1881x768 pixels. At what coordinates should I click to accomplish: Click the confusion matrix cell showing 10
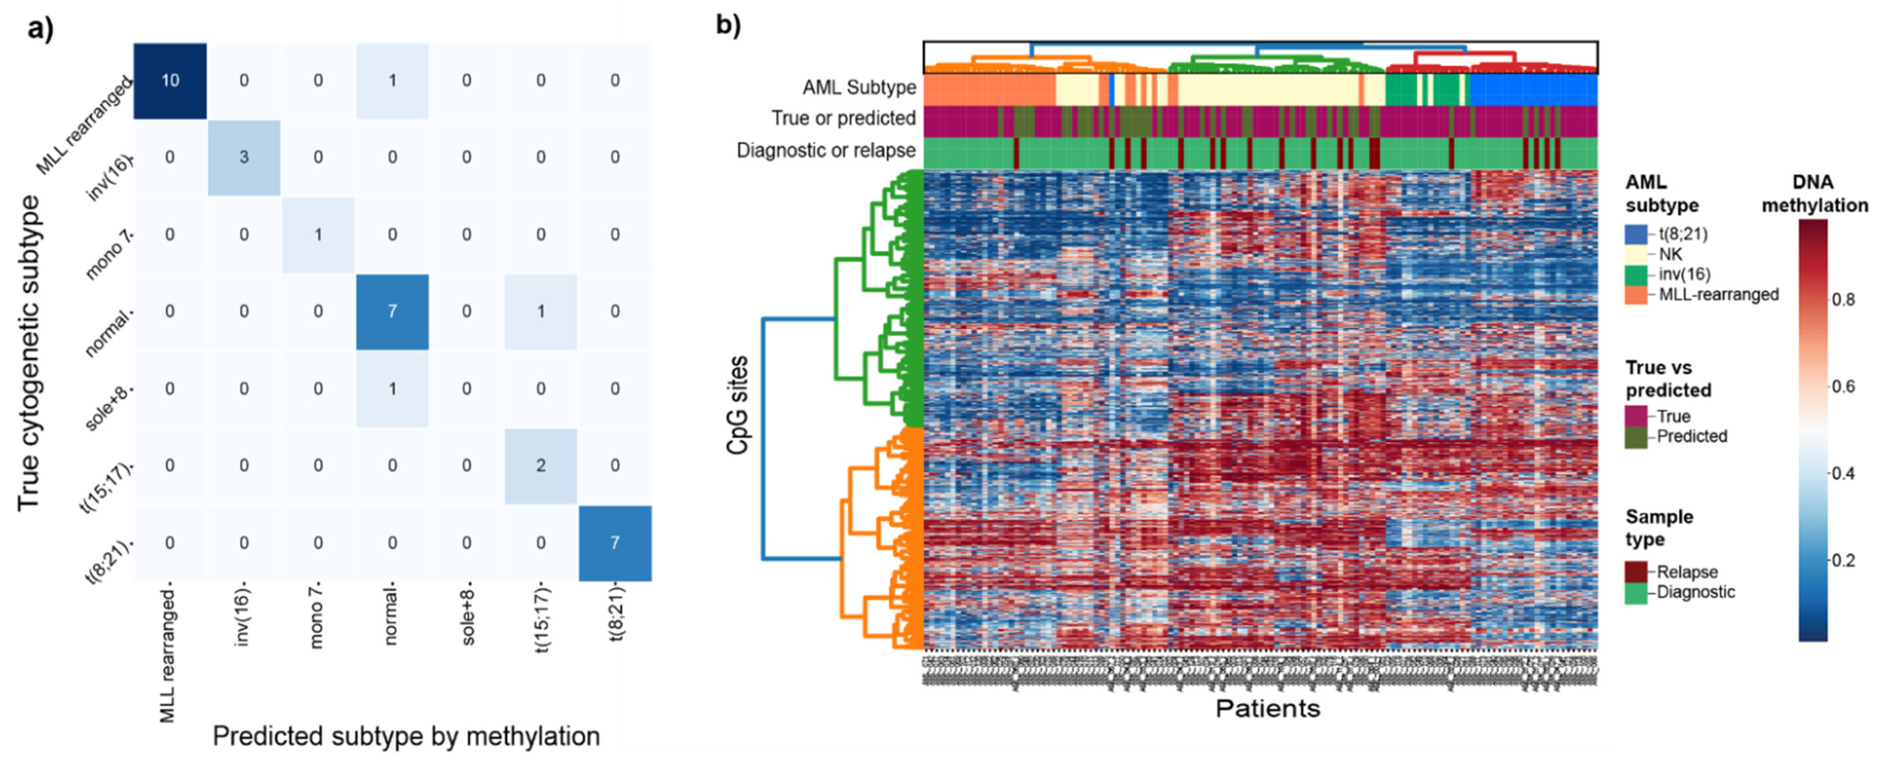tap(170, 80)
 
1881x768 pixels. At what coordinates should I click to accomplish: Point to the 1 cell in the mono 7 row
tap(319, 234)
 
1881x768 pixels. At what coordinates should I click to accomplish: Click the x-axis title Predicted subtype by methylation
tap(406, 736)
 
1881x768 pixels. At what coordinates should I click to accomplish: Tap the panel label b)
tap(728, 25)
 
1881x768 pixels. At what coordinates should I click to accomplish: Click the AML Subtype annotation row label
tap(859, 88)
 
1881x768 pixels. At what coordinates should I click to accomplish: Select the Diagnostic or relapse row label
tap(826, 150)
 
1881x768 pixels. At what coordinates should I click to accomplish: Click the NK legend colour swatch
tap(1636, 254)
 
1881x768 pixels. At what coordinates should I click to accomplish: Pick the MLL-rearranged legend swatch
tap(1636, 295)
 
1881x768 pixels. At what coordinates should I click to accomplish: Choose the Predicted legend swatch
tap(1636, 436)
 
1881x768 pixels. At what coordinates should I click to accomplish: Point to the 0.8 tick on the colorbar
tap(1844, 299)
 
